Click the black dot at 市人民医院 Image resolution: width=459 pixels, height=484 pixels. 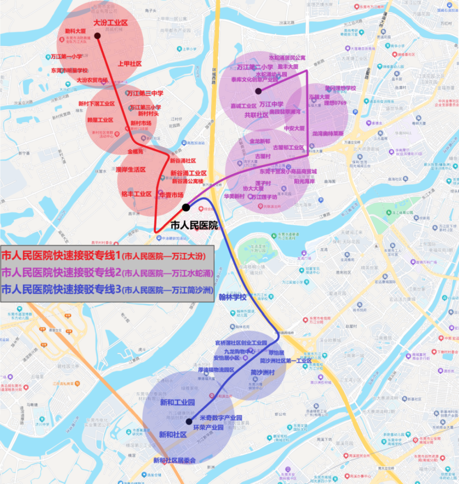(x=186, y=208)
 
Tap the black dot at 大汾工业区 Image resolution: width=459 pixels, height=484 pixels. (x=97, y=35)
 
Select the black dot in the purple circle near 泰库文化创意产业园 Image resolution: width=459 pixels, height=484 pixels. (x=258, y=91)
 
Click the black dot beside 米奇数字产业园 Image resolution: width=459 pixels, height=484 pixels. (x=189, y=422)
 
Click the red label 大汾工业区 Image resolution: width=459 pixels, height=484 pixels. (x=110, y=23)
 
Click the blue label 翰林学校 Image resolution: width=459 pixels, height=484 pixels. (x=233, y=297)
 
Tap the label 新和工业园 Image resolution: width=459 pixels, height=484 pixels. (x=177, y=403)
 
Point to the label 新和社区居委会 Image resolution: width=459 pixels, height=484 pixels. (x=174, y=460)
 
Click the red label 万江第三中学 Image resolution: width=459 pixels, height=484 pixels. (x=145, y=93)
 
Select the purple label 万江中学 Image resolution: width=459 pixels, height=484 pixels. (x=271, y=104)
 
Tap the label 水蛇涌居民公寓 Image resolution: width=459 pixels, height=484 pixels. (x=287, y=58)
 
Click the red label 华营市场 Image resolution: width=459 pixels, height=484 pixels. (x=171, y=194)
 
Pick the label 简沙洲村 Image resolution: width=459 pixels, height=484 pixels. (x=263, y=372)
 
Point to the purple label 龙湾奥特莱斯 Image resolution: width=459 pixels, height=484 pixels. (x=328, y=134)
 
